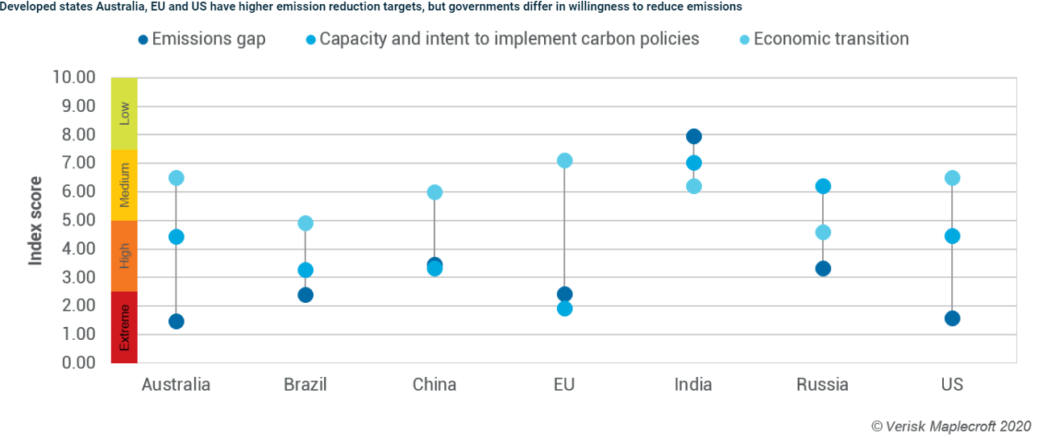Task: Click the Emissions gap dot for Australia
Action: coord(177,321)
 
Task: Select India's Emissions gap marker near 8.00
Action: coord(693,136)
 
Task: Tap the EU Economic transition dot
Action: coord(564,161)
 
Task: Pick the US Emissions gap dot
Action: coord(952,318)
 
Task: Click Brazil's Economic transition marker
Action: coord(305,223)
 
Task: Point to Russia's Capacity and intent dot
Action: coord(823,186)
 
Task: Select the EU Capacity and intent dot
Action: coord(564,309)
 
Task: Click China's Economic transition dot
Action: coord(434,192)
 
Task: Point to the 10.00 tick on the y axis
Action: coord(73,77)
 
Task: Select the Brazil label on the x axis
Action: coord(305,384)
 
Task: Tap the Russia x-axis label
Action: coord(822,384)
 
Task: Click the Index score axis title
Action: coord(35,220)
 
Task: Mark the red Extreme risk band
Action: coord(124,327)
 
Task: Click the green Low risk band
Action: coord(124,114)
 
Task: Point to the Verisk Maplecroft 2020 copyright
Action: coord(950,425)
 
